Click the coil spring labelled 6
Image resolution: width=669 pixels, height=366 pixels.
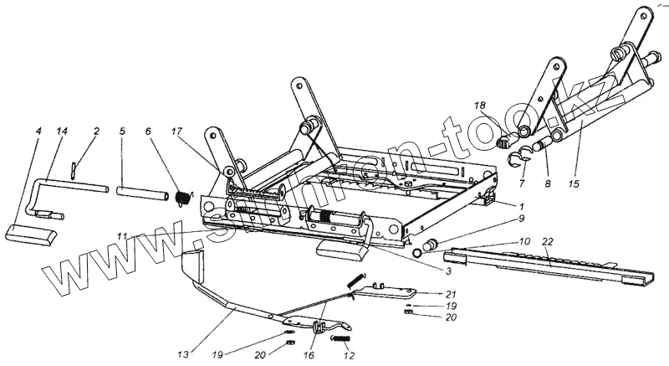coord(181,197)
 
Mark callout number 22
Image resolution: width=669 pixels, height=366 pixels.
coord(547,241)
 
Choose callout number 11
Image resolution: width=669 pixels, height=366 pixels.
coord(123,238)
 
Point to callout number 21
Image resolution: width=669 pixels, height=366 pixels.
coord(451,294)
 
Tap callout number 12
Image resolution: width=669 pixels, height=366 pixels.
coord(350,355)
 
